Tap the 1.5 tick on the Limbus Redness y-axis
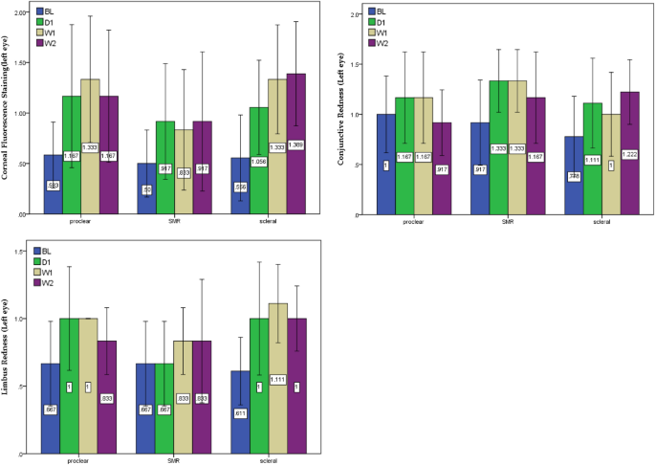point(19,252)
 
